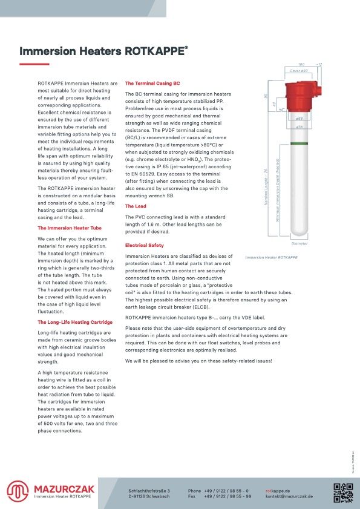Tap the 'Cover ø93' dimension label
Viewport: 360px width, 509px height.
[x=299, y=71]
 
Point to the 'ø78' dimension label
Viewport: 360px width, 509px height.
[x=299, y=127]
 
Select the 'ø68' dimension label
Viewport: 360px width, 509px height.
[x=299, y=119]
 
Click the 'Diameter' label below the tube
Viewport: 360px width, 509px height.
[x=299, y=243]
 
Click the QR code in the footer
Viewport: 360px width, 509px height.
[x=343, y=491]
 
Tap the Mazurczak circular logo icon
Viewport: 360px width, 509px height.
[x=18, y=491]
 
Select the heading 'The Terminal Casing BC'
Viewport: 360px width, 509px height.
[x=152, y=83]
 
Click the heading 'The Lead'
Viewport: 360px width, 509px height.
[x=136, y=206]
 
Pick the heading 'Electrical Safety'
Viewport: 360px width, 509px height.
[x=144, y=245]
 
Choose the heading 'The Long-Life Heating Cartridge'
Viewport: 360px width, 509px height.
[x=75, y=322]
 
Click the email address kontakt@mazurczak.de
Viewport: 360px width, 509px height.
[x=289, y=496]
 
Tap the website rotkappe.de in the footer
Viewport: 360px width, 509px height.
[x=278, y=490]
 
